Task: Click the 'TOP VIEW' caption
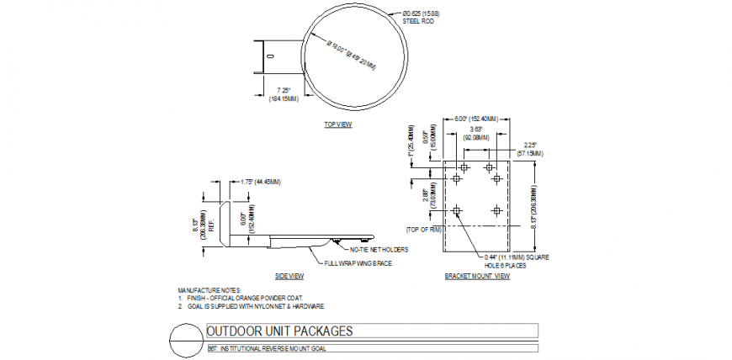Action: (x=338, y=124)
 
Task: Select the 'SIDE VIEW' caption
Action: (x=289, y=276)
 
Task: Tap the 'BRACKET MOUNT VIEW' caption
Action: (x=477, y=276)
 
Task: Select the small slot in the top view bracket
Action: (x=270, y=56)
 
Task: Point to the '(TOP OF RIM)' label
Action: (x=424, y=229)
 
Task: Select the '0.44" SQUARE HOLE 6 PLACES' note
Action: (x=516, y=260)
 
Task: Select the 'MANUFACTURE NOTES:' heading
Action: (x=209, y=291)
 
